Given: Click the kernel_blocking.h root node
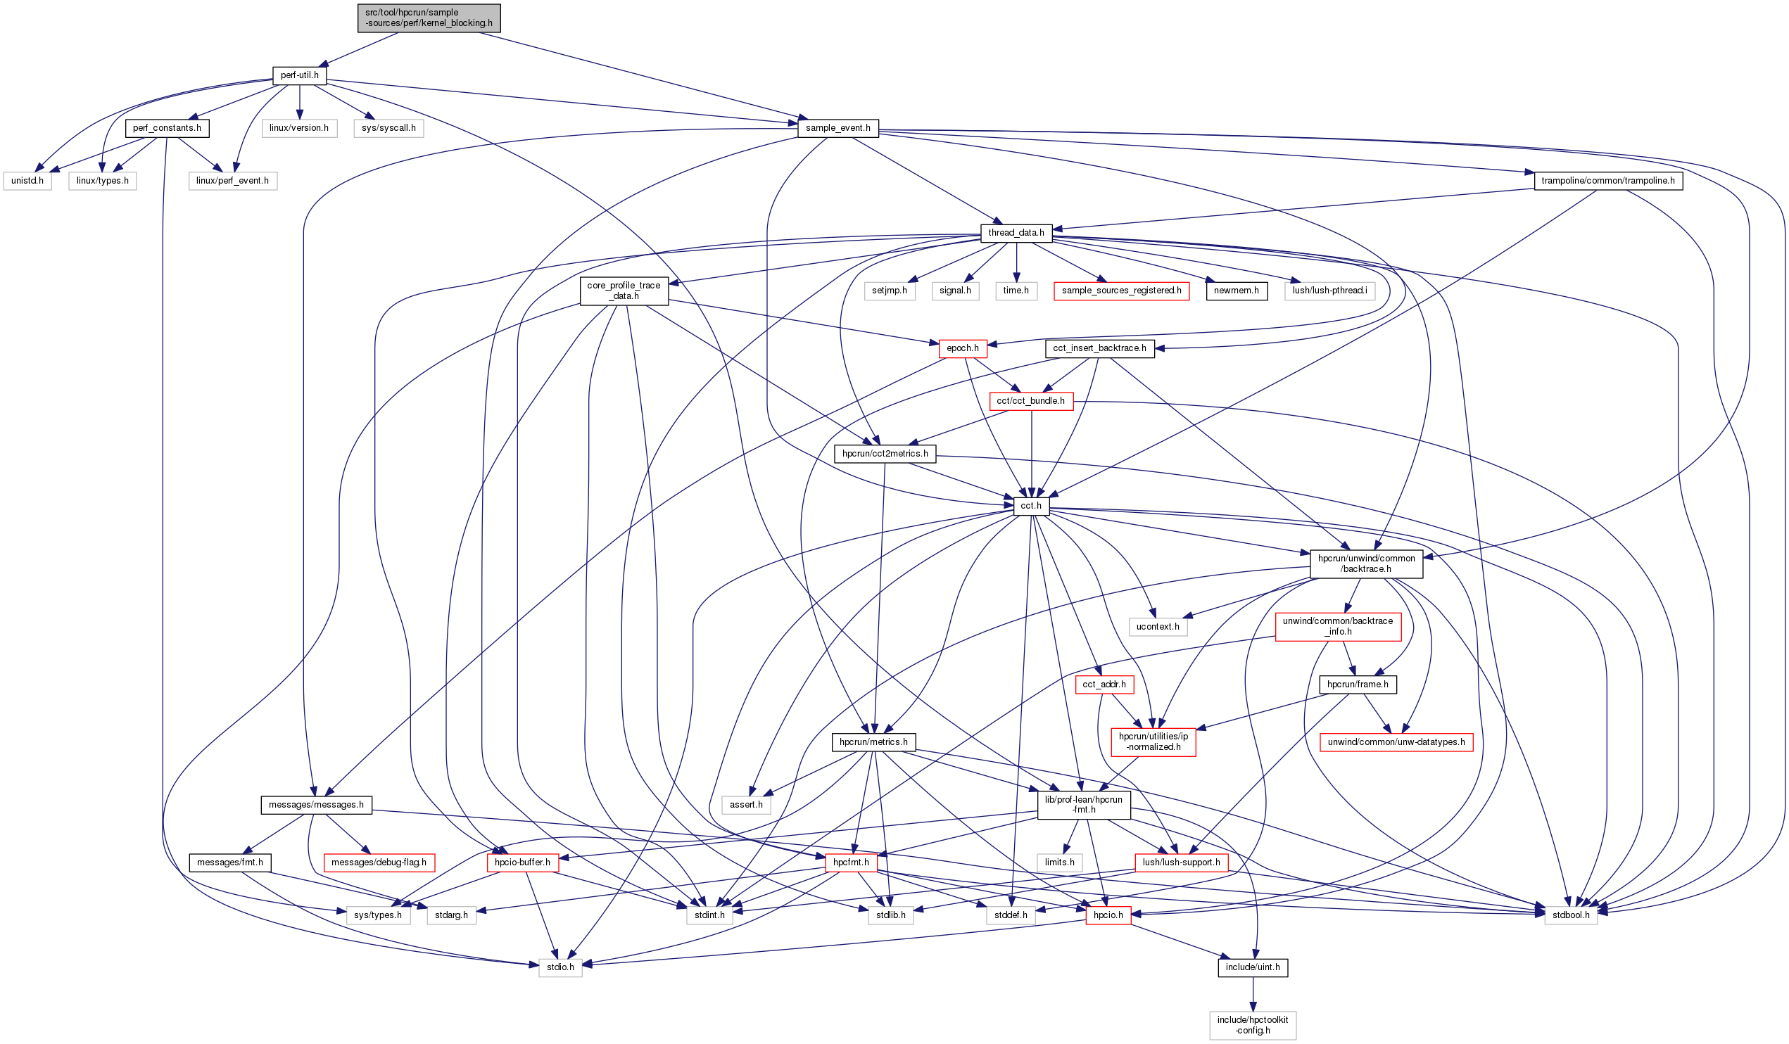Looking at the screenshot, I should click(x=429, y=18).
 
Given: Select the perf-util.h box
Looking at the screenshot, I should click(x=299, y=75).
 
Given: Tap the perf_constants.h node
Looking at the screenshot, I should click(x=167, y=129).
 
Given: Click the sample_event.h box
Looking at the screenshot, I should click(x=837, y=129).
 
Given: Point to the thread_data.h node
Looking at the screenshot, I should click(x=1016, y=233).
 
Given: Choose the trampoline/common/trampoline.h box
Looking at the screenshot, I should click(x=1608, y=181).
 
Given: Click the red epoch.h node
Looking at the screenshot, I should click(x=962, y=348).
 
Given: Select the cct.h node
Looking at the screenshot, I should click(x=1031, y=506).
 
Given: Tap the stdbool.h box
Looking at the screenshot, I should click(x=1570, y=915).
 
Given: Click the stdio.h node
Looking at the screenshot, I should click(x=560, y=967).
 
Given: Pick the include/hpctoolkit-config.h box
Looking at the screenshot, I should click(x=1252, y=1026).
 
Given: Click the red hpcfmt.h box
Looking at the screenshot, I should click(x=850, y=863).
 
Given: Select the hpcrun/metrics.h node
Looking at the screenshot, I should click(x=873, y=742).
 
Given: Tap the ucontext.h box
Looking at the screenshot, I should click(x=1157, y=627).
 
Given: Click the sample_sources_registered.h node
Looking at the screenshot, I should click(x=1121, y=291).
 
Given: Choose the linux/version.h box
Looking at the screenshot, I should click(x=299, y=129).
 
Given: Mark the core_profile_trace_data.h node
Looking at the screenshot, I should click(x=624, y=291).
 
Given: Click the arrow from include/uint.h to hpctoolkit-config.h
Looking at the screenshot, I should click(x=1253, y=994).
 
